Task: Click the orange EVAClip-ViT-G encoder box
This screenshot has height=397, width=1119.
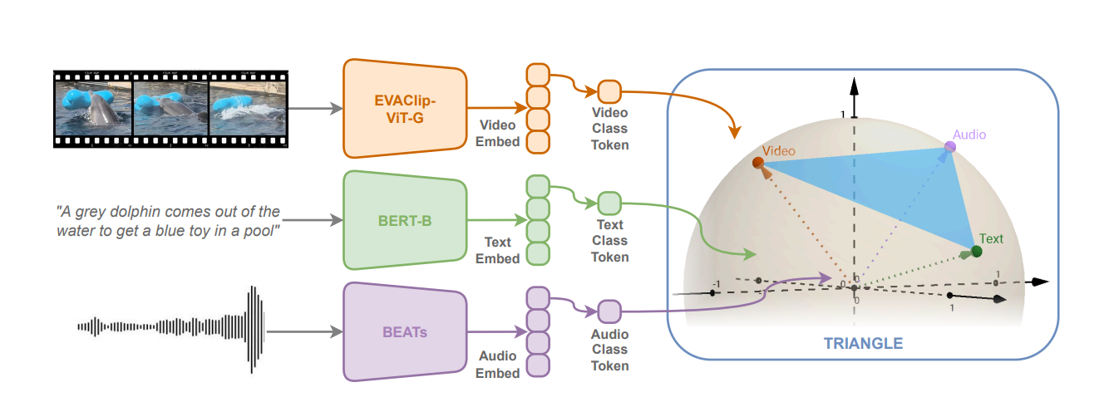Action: [404, 108]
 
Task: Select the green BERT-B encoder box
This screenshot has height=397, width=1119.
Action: [404, 220]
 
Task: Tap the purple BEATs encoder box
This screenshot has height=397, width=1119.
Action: [404, 331]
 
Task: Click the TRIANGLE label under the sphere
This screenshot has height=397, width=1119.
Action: [863, 343]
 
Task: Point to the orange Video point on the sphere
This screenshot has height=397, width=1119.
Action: [758, 164]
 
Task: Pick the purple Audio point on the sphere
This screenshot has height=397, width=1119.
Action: [949, 148]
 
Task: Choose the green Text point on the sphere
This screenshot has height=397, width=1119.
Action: [976, 251]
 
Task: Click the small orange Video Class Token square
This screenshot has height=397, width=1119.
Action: [609, 91]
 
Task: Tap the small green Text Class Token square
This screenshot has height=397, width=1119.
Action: [609, 203]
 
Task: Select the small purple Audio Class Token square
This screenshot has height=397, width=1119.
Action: [609, 312]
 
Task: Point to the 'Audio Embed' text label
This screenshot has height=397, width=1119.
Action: [498, 365]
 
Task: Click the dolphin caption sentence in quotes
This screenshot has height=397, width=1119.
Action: [168, 221]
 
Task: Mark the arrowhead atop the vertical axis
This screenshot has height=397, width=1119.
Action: [852, 85]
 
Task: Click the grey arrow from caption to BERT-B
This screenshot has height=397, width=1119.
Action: [313, 220]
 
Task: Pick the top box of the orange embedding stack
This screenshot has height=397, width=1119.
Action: [538, 74]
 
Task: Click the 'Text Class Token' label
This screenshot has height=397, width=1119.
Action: [609, 241]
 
